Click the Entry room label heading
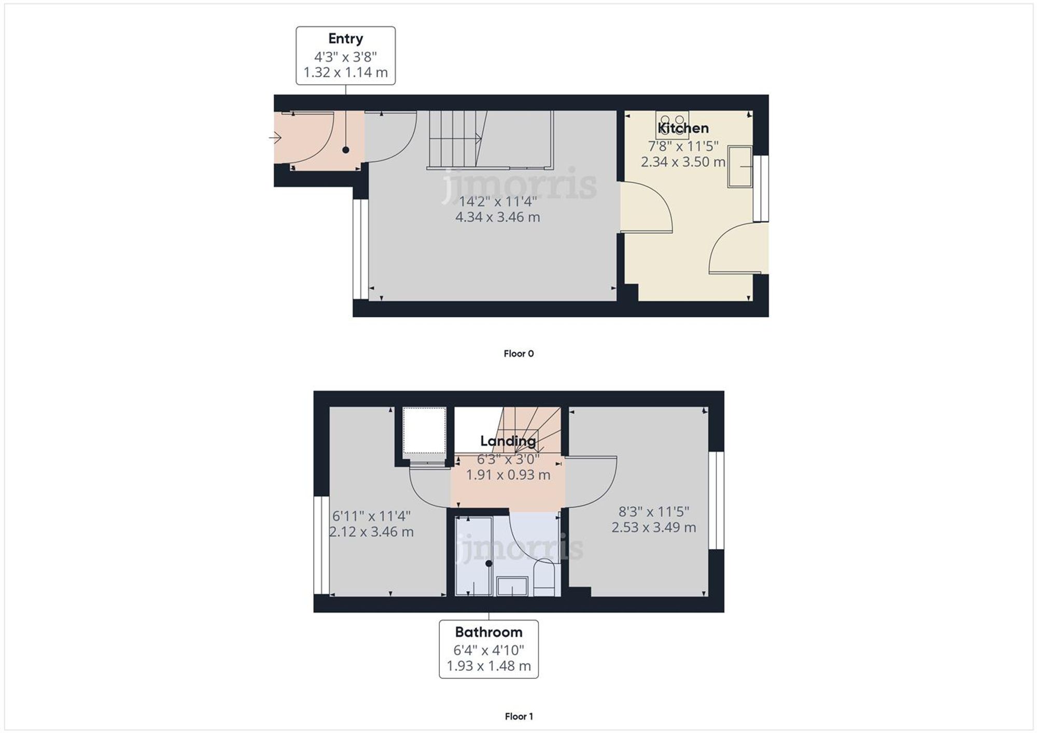345,39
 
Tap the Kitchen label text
683,128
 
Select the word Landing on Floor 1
508,441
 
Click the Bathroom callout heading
488,632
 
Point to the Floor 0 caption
518,353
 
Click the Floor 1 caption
518,716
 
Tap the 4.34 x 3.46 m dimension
497,217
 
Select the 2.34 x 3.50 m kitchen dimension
683,162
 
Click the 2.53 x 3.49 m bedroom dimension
653,527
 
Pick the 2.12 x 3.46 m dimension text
371,531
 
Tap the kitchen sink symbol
740,167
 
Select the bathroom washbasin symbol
512,586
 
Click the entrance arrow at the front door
275,138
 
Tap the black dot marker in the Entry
346,150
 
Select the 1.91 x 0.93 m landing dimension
508,475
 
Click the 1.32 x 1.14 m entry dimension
345,73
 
